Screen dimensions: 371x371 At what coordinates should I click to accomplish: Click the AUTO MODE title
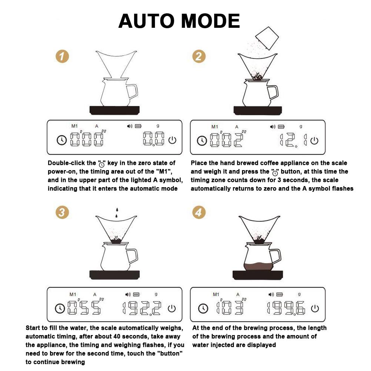tap(179, 21)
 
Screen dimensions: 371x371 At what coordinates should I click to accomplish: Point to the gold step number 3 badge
tap(62, 212)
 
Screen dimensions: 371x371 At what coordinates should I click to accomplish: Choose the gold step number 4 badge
tap(199, 212)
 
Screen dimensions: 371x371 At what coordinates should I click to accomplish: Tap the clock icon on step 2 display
tap(202, 141)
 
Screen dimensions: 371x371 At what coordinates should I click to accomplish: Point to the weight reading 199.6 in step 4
tap(286, 308)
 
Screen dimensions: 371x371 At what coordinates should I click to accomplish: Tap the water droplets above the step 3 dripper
tap(117, 213)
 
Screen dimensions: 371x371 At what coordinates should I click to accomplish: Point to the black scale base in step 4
tap(258, 275)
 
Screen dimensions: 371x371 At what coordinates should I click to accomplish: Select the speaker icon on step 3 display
tap(128, 294)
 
